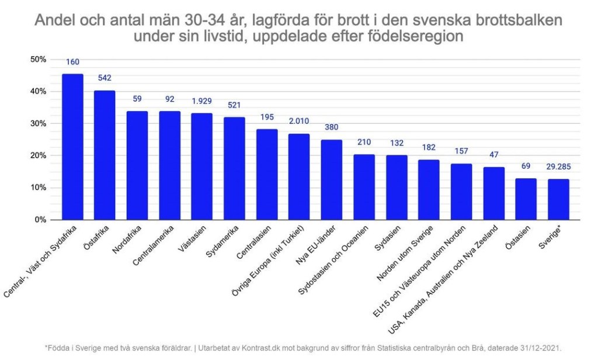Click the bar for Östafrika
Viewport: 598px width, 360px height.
point(105,155)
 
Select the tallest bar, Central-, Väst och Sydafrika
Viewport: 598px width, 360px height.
point(72,147)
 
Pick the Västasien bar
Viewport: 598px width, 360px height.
point(202,167)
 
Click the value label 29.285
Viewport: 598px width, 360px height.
point(558,167)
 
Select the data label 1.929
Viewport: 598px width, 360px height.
point(202,101)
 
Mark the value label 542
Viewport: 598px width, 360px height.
point(105,78)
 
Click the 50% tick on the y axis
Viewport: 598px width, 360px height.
point(39,59)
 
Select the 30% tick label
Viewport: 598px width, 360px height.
point(39,123)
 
